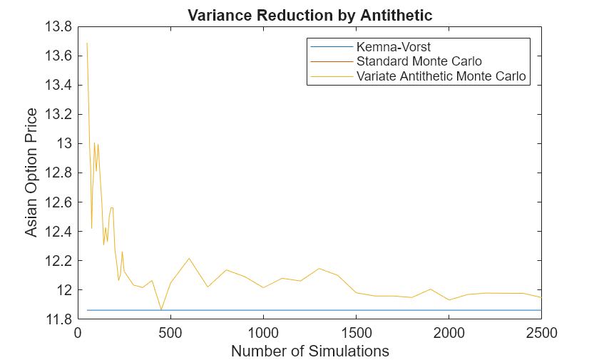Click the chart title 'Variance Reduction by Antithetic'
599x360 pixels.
309,14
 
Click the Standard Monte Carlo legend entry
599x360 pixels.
419,61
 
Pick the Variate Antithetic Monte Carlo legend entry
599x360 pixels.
441,76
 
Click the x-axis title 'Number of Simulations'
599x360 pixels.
310,351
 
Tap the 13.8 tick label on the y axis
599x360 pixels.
58,26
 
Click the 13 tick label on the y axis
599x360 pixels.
63,143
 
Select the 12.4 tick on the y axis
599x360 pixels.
58,231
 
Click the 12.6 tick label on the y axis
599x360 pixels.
58,202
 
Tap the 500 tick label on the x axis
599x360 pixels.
170,332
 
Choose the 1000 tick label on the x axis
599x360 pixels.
263,332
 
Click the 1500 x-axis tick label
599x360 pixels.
356,332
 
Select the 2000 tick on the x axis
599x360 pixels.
449,332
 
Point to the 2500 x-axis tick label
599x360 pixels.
541,332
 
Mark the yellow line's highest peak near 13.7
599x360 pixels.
87,43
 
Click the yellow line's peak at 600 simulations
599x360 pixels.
189,258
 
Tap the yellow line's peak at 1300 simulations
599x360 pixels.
319,268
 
